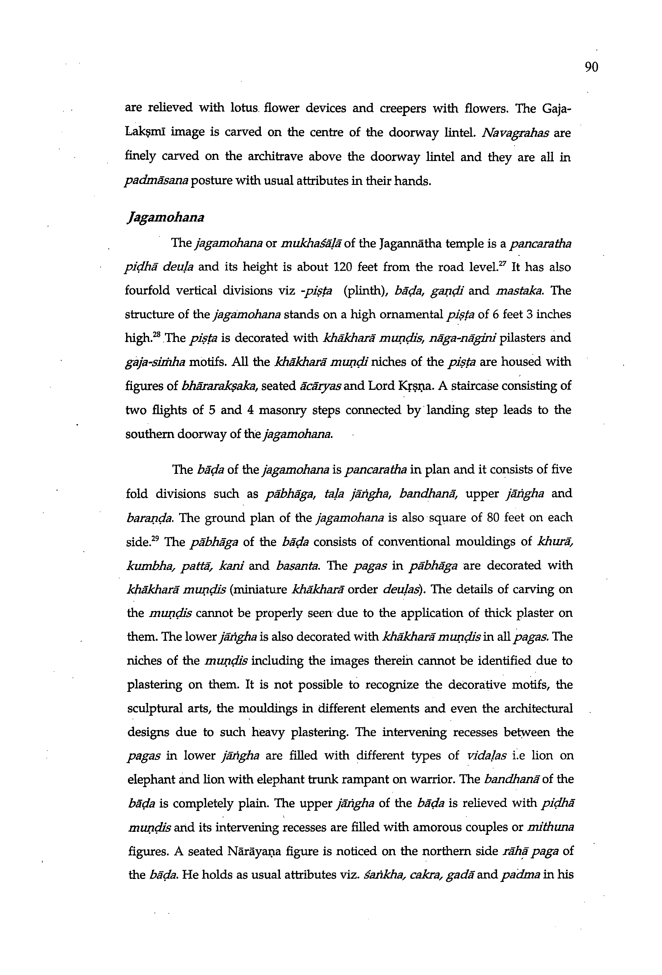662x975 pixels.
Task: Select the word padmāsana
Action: click(157, 182)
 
